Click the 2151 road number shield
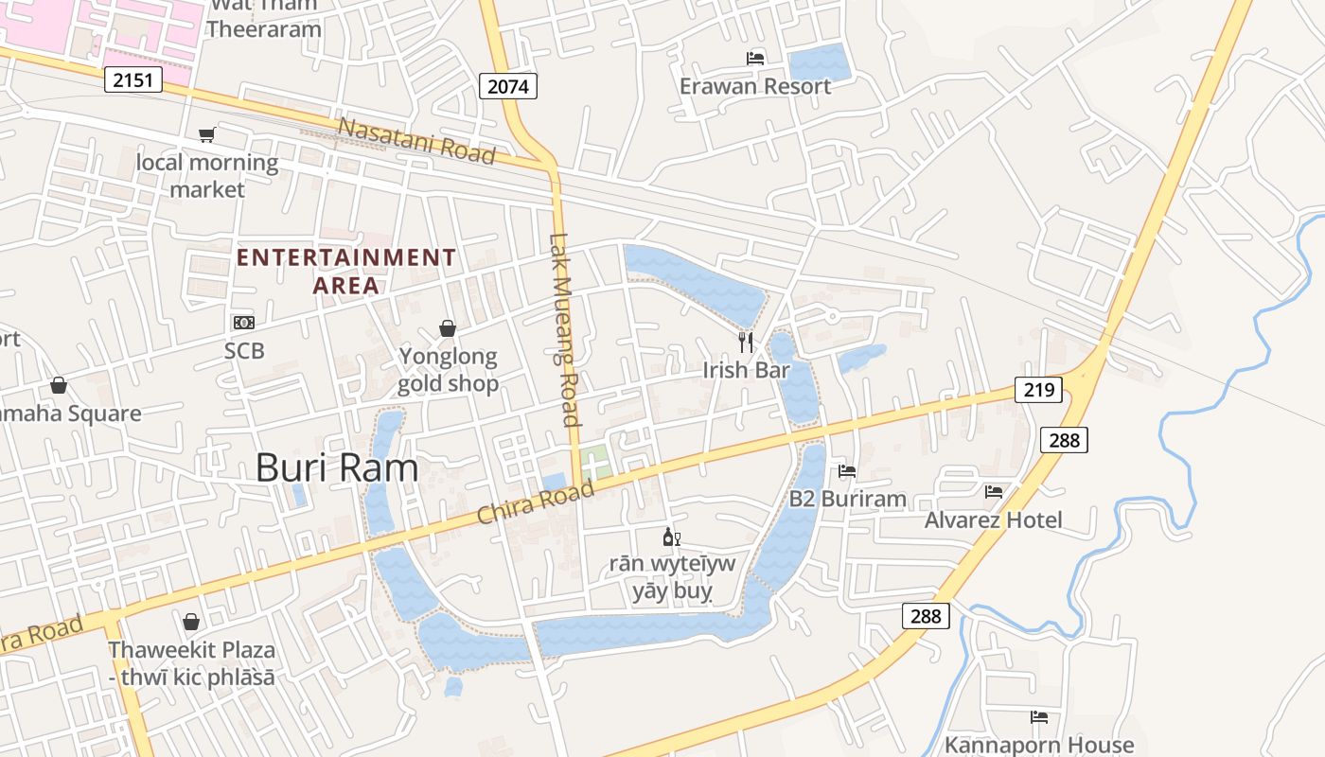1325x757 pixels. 133,79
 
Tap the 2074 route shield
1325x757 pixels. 507,86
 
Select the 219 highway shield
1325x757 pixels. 1038,389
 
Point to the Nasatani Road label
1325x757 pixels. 416,140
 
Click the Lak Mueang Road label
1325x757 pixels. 564,330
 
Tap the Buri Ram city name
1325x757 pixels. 337,468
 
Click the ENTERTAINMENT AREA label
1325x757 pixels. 346,271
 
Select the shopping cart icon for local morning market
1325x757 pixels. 206,135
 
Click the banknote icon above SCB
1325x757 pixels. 243,323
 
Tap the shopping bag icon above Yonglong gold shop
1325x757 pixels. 448,328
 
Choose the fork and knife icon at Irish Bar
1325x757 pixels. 746,342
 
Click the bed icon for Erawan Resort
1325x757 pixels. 755,59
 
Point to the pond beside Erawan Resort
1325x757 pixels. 820,62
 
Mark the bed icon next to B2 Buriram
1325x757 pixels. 847,470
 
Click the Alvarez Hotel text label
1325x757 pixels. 993,519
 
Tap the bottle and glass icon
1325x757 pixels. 671,537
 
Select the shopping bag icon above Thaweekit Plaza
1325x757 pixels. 191,622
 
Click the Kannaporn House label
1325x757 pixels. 1038,745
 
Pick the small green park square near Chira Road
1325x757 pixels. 595,465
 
